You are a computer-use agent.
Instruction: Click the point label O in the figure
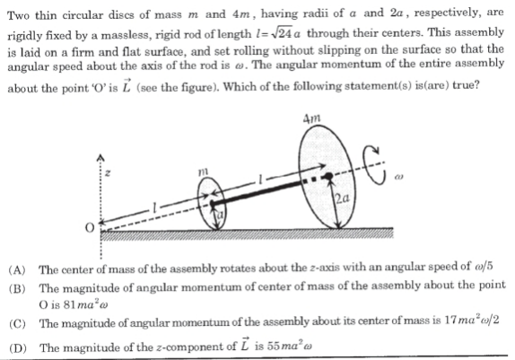pyautogui.click(x=90, y=227)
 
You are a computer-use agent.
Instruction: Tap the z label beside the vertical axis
pyautogui.click(x=108, y=173)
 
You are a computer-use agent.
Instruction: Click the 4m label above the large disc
pyautogui.click(x=311, y=119)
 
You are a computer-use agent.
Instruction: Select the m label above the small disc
pyautogui.click(x=204, y=171)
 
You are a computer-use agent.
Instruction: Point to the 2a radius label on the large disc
pyautogui.click(x=342, y=198)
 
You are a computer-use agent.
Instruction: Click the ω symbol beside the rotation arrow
pyautogui.click(x=398, y=177)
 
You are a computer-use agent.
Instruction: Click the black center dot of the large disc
pyautogui.click(x=328, y=177)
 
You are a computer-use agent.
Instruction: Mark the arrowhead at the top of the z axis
pyautogui.click(x=100, y=158)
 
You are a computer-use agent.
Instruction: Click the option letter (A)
pyautogui.click(x=17, y=270)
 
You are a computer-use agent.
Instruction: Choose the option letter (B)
pyautogui.click(x=17, y=288)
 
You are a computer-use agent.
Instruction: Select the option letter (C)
pyautogui.click(x=17, y=324)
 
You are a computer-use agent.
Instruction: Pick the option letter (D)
pyautogui.click(x=18, y=347)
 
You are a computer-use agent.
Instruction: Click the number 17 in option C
pyautogui.click(x=450, y=320)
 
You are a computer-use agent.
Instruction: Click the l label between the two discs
pyautogui.click(x=260, y=180)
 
